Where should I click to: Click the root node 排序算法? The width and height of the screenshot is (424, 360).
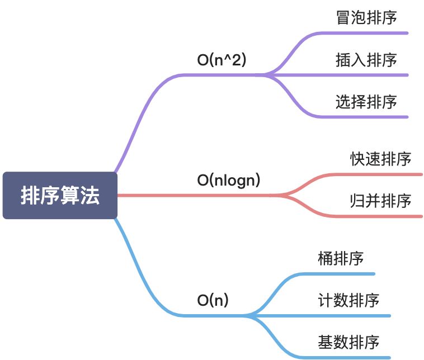point(60,196)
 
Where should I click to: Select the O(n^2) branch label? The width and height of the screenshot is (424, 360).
point(222,61)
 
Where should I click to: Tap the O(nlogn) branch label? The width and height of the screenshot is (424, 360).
point(229,181)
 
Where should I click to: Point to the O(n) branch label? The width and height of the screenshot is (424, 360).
point(213,300)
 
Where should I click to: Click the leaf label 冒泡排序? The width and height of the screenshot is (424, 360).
point(366,18)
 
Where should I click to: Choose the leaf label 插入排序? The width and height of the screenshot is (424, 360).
point(366,60)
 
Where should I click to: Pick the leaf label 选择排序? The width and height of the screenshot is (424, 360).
point(366,102)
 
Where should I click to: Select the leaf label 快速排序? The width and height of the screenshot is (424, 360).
point(381,159)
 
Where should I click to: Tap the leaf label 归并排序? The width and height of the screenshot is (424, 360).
point(381,201)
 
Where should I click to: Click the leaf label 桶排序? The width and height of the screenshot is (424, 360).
point(341,259)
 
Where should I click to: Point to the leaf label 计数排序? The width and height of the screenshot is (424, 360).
point(348,300)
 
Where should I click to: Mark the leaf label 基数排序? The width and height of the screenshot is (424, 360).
point(348,342)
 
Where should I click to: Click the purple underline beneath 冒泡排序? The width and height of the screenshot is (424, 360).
point(364,32)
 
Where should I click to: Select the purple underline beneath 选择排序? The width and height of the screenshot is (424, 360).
point(364,117)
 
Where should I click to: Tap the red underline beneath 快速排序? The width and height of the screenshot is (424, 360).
point(380,174)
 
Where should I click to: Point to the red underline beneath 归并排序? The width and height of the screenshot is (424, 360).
point(380,216)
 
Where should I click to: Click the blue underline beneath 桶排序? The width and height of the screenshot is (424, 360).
point(341,274)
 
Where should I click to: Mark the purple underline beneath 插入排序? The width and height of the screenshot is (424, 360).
point(364,74)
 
